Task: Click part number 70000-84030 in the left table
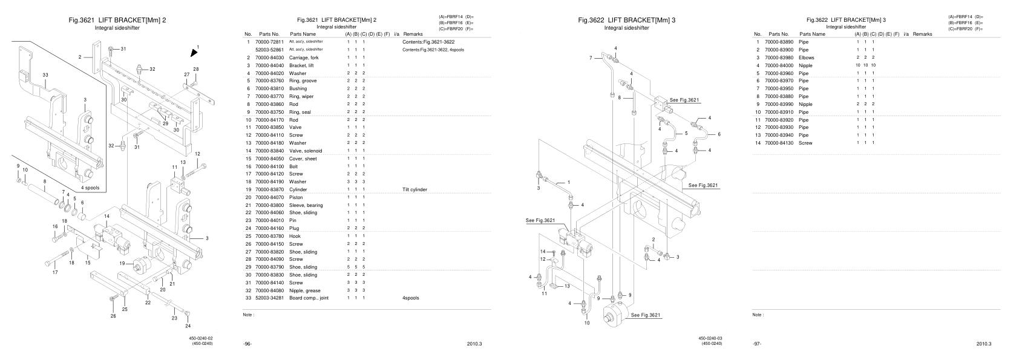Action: coord(269,57)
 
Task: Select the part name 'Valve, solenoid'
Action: coord(306,151)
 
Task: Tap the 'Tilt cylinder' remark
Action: coord(414,189)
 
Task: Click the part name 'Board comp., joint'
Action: coord(309,298)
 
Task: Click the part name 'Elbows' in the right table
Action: coord(807,57)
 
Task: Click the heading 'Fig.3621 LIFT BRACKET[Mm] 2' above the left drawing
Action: coord(118,20)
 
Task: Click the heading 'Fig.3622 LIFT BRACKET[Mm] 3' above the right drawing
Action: coord(627,20)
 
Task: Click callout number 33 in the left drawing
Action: coord(45,74)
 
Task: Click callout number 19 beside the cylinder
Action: coord(122,263)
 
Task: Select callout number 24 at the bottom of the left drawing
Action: coord(188,326)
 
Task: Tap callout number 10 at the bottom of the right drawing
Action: coord(586,323)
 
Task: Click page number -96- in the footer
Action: coord(247,344)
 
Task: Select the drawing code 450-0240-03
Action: coord(711,338)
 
